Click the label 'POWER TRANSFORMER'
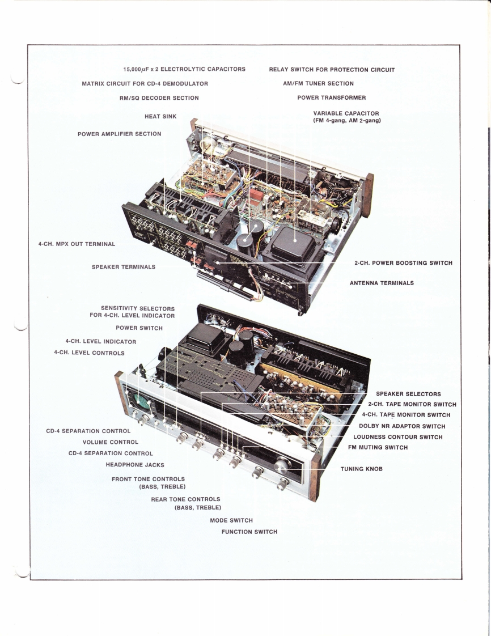332,97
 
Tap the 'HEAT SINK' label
160,116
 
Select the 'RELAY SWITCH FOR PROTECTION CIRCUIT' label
332,70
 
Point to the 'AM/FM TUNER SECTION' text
319,83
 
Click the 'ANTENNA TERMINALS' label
382,283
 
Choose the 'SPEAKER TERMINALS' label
124,267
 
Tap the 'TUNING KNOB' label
362,469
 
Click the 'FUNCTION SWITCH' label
249,532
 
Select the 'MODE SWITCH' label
231,520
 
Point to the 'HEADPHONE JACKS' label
135,465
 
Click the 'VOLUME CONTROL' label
111,442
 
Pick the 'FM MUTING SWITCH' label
378,447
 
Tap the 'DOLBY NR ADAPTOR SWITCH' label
402,426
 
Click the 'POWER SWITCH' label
139,328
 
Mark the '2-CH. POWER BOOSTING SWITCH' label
403,263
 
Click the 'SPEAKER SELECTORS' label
408,394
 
